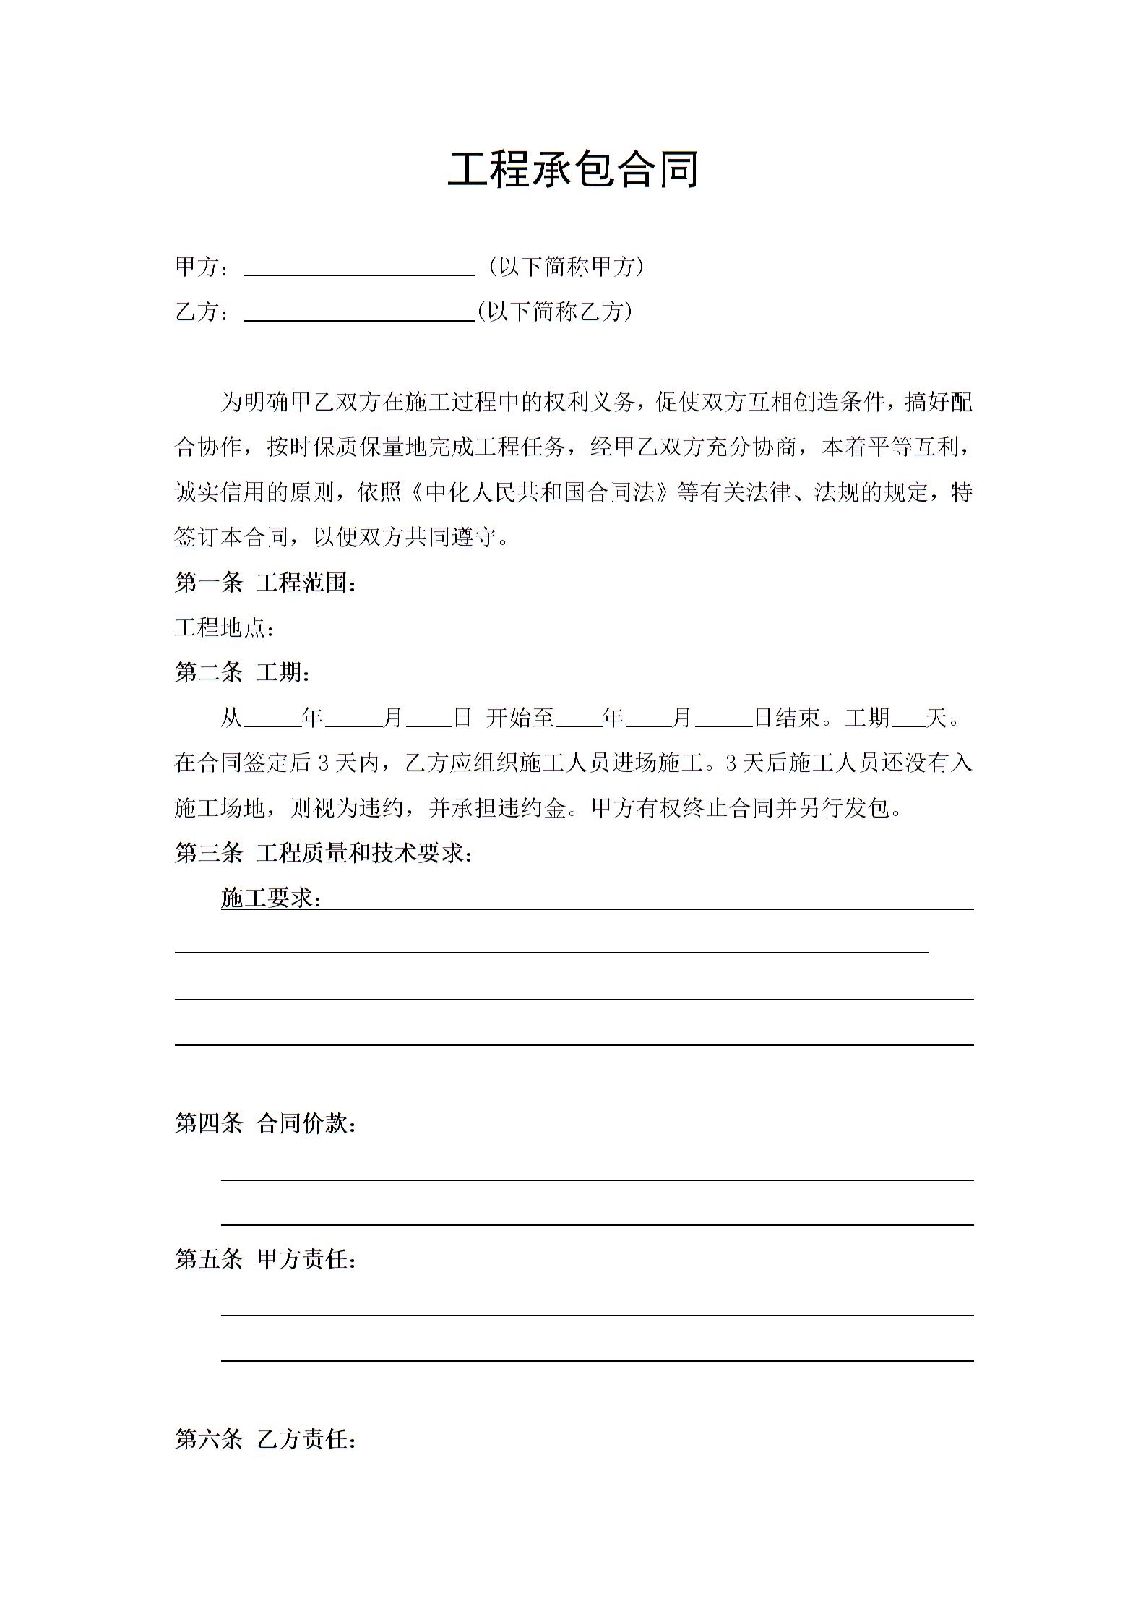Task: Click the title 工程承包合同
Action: click(x=572, y=171)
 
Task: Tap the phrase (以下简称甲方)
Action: click(x=566, y=267)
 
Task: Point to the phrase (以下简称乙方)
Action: click(x=555, y=312)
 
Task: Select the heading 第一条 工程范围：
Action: click(x=265, y=583)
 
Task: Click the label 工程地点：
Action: click(x=225, y=627)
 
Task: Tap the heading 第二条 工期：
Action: click(x=243, y=673)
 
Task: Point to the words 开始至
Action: click(x=520, y=718)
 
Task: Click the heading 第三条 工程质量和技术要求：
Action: click(x=324, y=853)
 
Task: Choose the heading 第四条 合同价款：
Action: click(x=265, y=1123)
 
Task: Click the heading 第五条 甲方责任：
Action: click(x=265, y=1259)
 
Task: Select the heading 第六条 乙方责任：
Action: click(x=265, y=1439)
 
